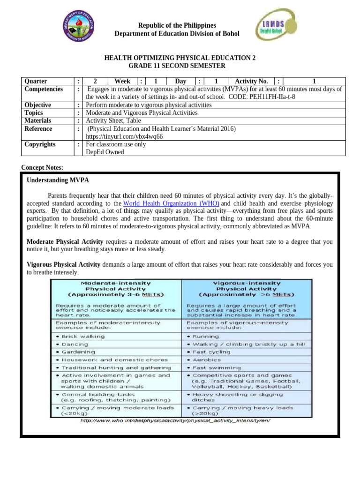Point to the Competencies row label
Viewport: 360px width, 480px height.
(44, 89)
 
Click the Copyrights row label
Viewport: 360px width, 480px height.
(40, 144)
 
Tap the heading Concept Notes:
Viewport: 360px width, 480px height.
(43, 167)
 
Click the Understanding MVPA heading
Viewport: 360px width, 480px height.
(58, 180)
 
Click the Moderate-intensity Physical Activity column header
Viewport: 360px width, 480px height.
(116, 289)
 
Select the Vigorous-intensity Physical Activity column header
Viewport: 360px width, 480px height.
(247, 289)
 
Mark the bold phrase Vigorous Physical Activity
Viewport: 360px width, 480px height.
(63, 265)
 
